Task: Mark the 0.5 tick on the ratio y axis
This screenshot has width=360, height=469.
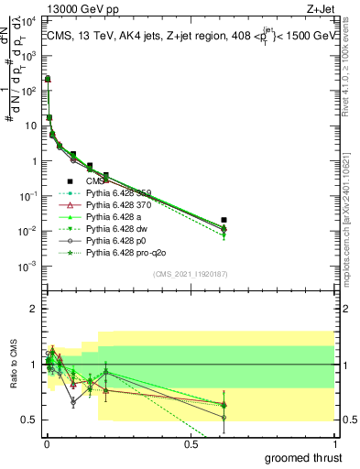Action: pyautogui.click(x=30, y=420)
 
